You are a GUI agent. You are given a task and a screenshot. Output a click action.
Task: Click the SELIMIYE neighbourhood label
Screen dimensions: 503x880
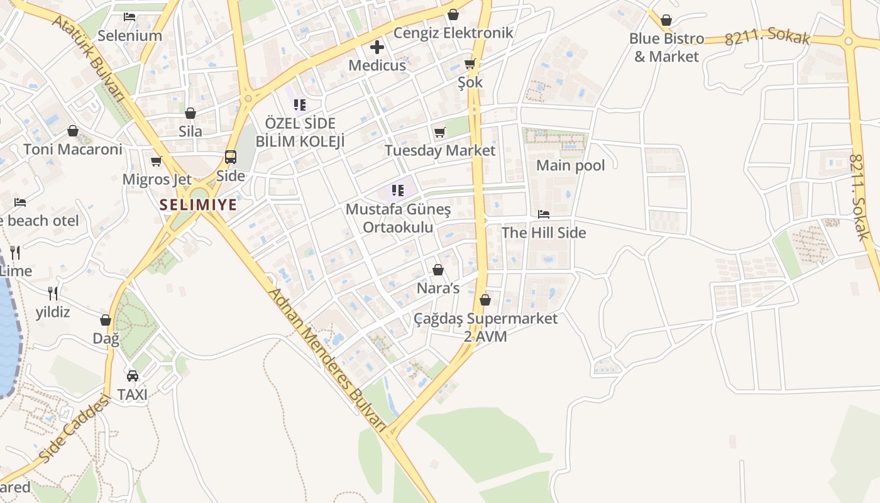pos(198,204)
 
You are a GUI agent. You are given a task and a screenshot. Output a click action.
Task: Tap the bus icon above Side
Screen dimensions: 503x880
pos(231,157)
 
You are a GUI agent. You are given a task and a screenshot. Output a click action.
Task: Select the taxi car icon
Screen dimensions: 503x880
pos(133,376)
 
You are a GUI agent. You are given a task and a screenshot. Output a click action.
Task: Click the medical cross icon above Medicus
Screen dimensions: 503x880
pos(377,47)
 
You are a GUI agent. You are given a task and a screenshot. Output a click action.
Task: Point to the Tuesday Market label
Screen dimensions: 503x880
pos(440,151)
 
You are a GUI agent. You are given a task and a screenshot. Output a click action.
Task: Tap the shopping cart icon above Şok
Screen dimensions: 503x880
pos(470,64)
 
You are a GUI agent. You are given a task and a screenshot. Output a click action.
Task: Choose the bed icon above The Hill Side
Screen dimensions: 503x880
pos(544,214)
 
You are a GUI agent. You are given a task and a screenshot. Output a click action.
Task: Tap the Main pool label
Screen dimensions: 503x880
pos(570,165)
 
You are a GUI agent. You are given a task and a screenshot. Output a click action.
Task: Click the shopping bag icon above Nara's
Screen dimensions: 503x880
pos(438,270)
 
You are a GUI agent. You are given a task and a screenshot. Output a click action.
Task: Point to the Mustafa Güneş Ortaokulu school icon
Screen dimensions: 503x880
pos(397,190)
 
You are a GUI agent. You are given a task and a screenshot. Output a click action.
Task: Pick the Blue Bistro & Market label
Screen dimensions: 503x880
pos(666,47)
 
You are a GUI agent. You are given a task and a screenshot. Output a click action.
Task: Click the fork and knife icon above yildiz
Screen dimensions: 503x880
pos(53,293)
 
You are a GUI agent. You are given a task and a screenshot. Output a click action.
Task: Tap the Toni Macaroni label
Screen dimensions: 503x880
pos(73,150)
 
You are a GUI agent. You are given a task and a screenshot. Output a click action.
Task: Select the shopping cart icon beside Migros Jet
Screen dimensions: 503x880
pos(157,162)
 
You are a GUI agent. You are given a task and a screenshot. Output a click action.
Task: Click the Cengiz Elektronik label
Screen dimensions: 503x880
pos(453,33)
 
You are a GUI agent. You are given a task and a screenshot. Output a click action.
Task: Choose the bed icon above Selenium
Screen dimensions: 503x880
pos(129,17)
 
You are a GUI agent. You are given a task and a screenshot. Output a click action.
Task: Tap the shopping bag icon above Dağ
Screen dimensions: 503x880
pos(106,321)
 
